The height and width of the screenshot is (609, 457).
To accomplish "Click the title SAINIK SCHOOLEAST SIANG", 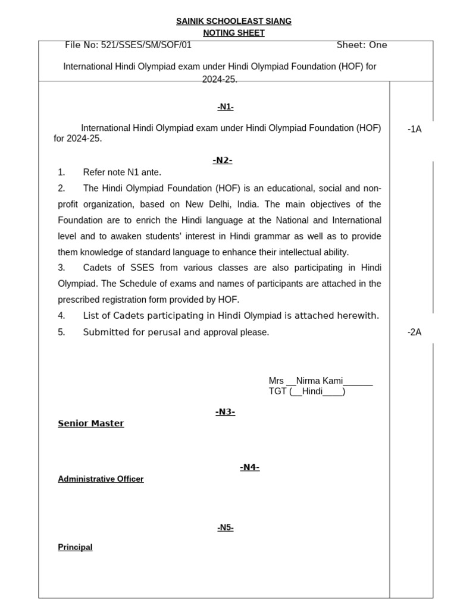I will click(x=234, y=21).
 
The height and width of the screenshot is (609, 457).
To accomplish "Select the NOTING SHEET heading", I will click(x=230, y=33).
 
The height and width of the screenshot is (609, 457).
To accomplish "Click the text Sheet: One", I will click(x=361, y=45).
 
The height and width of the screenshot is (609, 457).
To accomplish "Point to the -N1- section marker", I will click(x=226, y=106).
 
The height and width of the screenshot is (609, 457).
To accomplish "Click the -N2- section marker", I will click(x=222, y=160).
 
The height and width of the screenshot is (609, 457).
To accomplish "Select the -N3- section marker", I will click(x=226, y=412).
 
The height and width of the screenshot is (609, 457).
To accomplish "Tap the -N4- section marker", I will click(x=249, y=467).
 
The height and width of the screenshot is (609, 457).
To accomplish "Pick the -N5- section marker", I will click(x=226, y=527).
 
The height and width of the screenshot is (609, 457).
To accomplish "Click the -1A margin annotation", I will click(x=414, y=129).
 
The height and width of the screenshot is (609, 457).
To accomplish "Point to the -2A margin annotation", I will click(x=414, y=332).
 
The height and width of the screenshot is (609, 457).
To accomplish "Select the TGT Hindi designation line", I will click(x=306, y=391).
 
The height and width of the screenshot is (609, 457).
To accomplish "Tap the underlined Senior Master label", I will click(x=91, y=423).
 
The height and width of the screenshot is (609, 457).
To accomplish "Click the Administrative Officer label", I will click(x=101, y=479).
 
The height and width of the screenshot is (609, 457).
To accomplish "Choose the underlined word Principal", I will click(x=75, y=547).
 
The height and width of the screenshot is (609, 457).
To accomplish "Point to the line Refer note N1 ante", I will click(x=122, y=172).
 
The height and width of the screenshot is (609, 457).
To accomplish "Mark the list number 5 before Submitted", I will click(x=61, y=332).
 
